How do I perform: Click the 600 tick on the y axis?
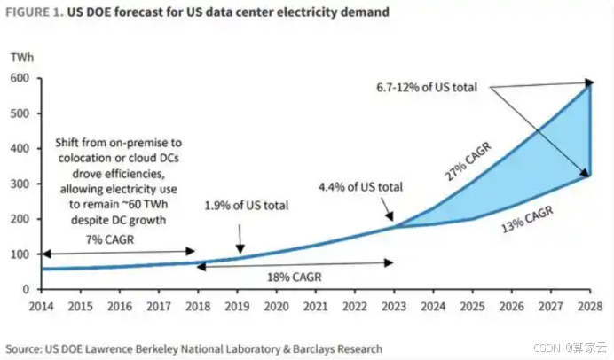pyautogui.click(x=20, y=79)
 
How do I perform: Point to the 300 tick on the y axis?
pyautogui.click(x=20, y=184)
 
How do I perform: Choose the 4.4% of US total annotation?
pyautogui.click(x=362, y=187)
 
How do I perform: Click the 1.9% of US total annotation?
pyautogui.click(x=247, y=205)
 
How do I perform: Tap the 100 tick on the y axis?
pyautogui.click(x=20, y=254)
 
